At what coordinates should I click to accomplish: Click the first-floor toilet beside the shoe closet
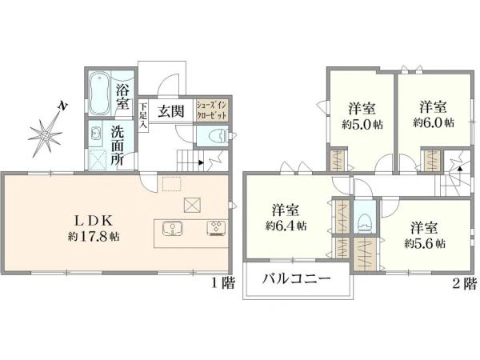click(x=216, y=137)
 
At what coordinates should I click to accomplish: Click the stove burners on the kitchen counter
click(x=217, y=229)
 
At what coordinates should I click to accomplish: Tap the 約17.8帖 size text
click(x=94, y=237)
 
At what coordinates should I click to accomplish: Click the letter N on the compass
click(x=62, y=106)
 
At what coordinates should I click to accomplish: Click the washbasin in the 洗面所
click(x=95, y=134)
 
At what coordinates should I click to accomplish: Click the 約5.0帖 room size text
click(x=362, y=124)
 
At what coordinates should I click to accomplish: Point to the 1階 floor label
click(x=223, y=282)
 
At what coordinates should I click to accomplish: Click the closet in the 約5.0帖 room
click(x=338, y=159)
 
